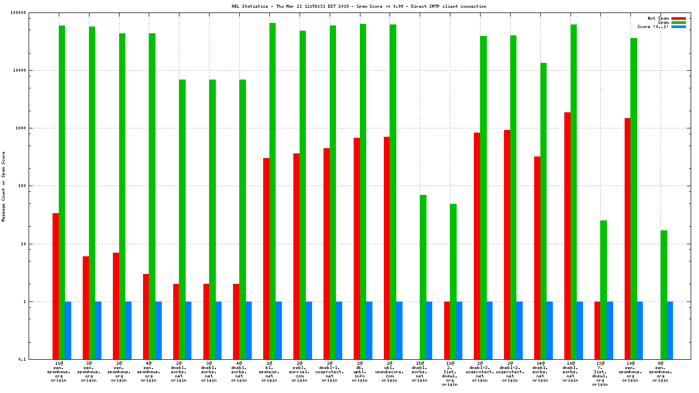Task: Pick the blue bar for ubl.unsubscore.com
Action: [399, 330]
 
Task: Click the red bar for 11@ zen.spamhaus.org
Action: [56, 286]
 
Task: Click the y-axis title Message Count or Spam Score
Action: [4, 187]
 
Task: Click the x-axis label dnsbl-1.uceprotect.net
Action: [329, 372]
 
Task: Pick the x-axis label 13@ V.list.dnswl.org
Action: [600, 374]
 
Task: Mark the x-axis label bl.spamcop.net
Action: [269, 372]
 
